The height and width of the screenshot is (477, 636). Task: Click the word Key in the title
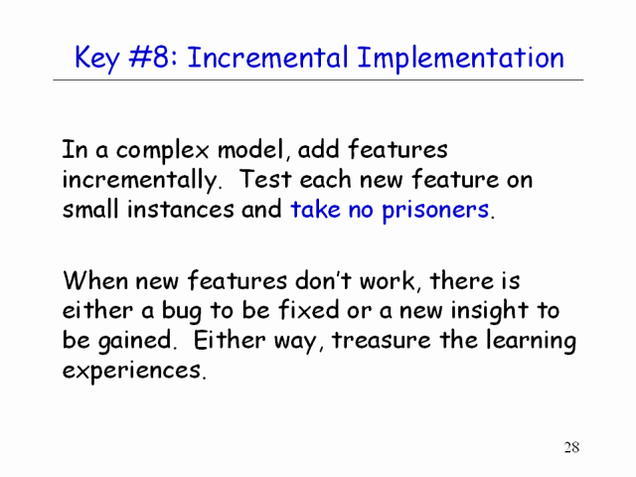point(97,59)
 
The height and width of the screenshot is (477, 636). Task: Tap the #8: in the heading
point(153,57)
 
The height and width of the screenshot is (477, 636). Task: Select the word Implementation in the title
point(460,59)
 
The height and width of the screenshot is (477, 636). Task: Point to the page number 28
point(571,447)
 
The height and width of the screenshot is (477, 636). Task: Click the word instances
point(181,210)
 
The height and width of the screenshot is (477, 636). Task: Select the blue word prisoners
point(435,211)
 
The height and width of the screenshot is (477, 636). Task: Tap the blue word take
point(315,209)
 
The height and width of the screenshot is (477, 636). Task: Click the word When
point(95,280)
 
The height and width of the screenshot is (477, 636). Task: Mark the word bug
point(181,311)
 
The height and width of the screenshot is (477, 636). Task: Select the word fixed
point(308,309)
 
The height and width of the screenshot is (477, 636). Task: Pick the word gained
point(135,341)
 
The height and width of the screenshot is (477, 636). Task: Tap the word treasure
point(382,340)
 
